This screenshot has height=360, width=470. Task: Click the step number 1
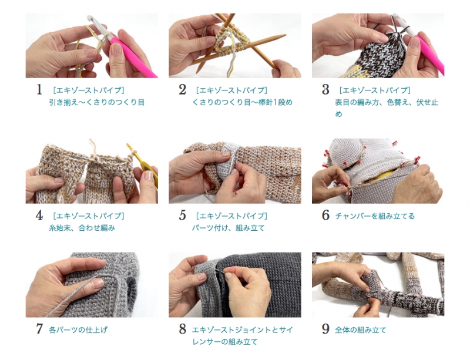[x=39, y=90]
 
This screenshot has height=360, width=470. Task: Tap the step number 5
[x=182, y=215]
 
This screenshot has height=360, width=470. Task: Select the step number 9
[x=325, y=329]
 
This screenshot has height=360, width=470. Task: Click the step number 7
[x=39, y=329]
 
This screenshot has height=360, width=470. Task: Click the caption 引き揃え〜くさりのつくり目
[x=96, y=103]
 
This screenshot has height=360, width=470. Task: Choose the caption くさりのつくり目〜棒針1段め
[x=242, y=103]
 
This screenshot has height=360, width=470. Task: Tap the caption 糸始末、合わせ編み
[x=82, y=228]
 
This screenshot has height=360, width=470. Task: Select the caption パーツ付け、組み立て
[x=229, y=228]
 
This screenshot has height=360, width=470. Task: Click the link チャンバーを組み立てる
[x=375, y=216]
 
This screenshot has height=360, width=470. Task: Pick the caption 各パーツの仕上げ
[x=78, y=330]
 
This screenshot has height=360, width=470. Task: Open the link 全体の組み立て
[x=361, y=330]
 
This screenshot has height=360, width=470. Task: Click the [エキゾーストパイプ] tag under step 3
[x=375, y=90]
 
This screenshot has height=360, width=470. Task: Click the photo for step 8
[x=235, y=285]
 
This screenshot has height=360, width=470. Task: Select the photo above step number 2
[x=235, y=46]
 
